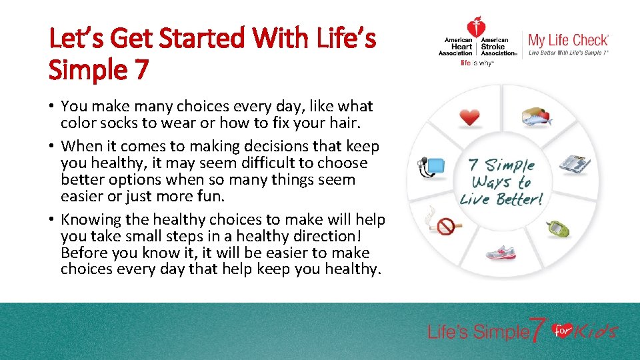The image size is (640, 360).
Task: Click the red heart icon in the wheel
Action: (470, 117)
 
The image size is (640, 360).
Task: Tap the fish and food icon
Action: (537, 117)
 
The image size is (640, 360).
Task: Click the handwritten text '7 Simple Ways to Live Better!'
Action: (502, 182)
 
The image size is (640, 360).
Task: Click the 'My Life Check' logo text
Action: (568, 40)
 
